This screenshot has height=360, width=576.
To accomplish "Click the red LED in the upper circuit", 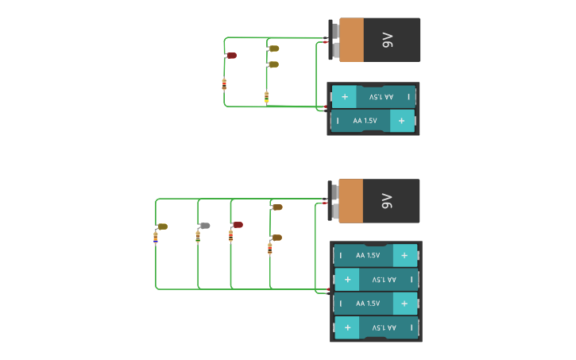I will click(232, 56).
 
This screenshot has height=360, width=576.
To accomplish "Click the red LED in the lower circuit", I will click(237, 225).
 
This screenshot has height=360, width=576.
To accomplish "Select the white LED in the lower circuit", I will click(204, 226).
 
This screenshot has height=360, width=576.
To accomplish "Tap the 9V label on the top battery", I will click(388, 40).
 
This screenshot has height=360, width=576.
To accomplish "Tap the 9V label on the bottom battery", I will click(387, 200).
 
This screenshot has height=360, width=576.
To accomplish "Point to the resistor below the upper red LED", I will click(224, 84).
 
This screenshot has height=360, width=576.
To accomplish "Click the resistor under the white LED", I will click(198, 236).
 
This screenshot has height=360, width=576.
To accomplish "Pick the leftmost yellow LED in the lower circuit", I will click(162, 226).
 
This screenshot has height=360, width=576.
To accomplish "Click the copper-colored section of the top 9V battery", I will click(351, 40).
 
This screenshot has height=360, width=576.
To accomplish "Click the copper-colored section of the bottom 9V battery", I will click(351, 200).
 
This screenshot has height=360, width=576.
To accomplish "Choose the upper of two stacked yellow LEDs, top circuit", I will click(273, 48).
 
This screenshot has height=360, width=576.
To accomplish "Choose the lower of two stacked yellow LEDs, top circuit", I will click(273, 64).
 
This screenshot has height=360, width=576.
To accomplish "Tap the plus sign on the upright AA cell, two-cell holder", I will click(402, 121).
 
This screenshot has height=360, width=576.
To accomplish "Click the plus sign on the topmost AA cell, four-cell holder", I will click(404, 255).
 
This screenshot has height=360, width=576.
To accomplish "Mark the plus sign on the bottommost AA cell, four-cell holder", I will click(347, 327).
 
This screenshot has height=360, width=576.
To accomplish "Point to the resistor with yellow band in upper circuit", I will click(266, 97).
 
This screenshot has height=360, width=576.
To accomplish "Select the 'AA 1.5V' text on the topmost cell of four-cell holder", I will click(369, 255).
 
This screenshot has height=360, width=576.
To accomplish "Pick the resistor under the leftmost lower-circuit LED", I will click(155, 236).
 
